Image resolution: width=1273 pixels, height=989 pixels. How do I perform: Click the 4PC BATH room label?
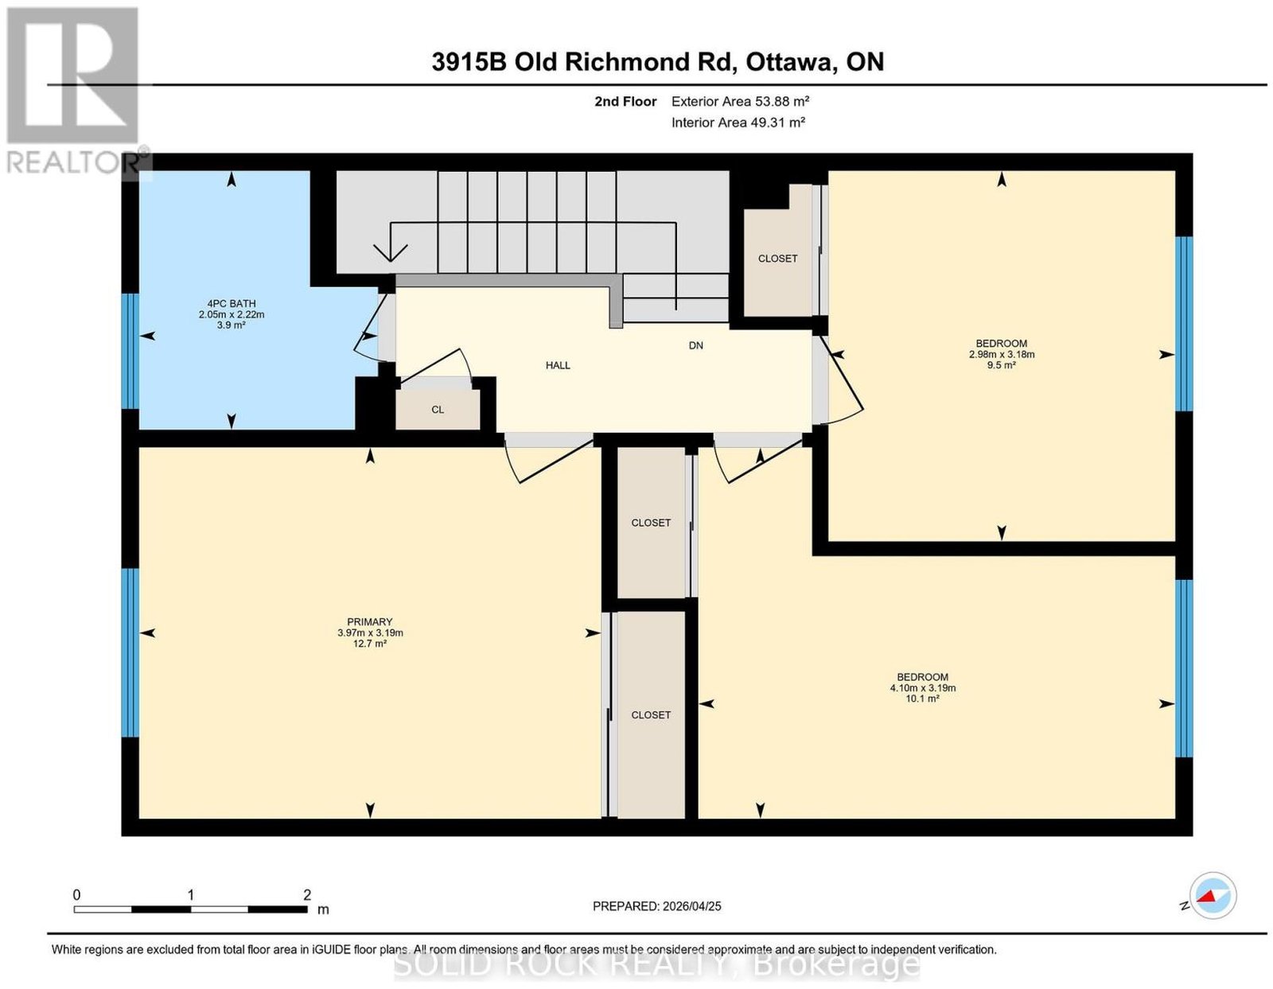232,303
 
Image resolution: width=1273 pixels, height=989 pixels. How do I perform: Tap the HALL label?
558,365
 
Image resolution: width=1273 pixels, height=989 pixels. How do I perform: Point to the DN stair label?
695,345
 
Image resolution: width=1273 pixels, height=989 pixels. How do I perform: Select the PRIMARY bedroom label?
370,622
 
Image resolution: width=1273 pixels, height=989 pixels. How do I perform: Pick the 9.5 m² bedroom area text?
1001,364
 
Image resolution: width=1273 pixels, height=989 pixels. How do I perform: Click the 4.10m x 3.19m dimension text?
923,688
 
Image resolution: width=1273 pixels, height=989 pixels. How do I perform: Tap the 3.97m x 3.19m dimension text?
370,633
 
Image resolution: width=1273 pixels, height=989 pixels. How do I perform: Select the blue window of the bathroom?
130,351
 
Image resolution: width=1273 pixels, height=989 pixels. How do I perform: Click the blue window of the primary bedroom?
130,652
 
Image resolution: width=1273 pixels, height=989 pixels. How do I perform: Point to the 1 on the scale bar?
190,895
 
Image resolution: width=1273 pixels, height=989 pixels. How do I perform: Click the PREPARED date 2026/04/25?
691,906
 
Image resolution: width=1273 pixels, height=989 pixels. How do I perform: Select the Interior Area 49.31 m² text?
738,123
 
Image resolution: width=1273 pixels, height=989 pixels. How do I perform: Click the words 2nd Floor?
625,101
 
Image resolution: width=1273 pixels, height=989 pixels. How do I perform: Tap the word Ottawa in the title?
789,61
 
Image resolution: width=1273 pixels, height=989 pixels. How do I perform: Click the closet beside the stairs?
777,258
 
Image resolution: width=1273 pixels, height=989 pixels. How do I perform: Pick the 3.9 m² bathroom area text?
232,325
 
